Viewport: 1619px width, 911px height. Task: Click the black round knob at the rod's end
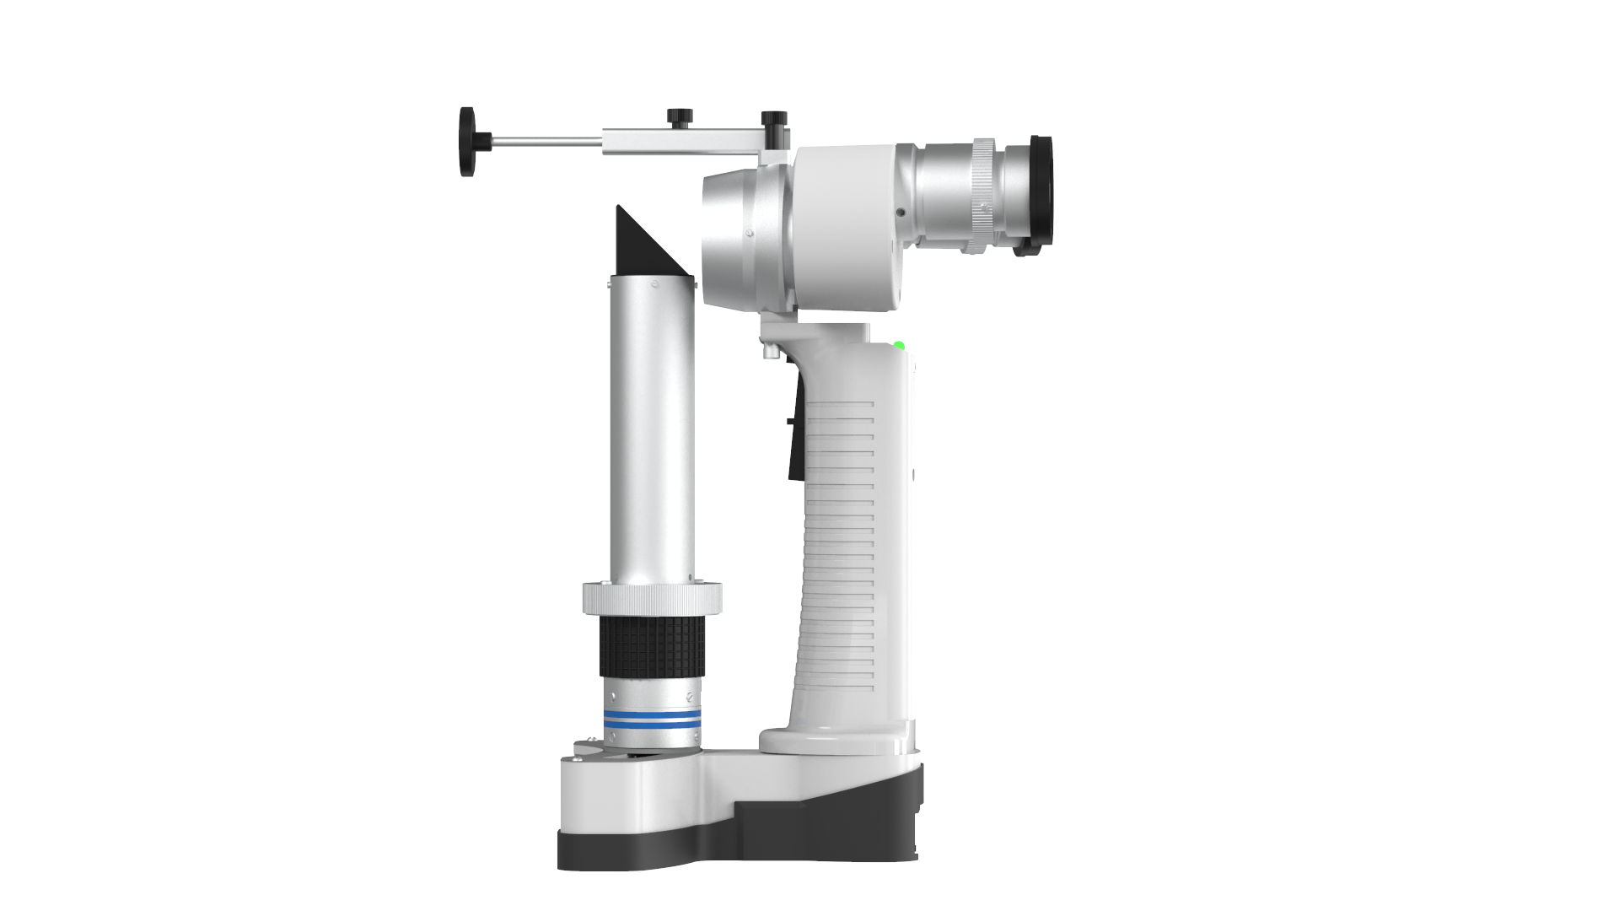pos(466,141)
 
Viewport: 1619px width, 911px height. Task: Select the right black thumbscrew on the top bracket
pos(773,118)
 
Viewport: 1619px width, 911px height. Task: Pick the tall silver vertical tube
pos(653,430)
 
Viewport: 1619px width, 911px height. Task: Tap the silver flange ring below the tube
pos(652,599)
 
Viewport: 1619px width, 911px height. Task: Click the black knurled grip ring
pos(653,646)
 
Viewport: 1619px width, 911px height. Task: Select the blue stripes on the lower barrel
pos(653,719)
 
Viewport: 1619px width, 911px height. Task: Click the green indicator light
pos(899,346)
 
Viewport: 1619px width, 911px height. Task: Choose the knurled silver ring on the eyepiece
pos(983,194)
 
